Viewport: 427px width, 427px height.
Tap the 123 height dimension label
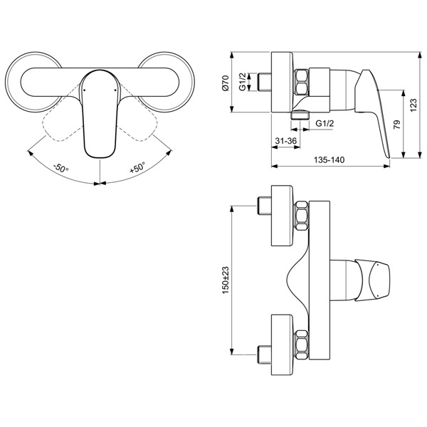point(413,105)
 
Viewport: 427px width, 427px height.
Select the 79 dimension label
point(397,125)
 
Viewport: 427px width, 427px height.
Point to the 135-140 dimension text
point(330,159)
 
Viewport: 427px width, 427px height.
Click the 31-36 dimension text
point(285,141)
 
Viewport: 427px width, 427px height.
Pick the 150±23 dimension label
point(226,280)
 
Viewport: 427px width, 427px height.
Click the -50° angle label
point(61,168)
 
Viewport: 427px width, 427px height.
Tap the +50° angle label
point(137,167)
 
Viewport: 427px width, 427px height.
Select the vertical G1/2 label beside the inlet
point(243,82)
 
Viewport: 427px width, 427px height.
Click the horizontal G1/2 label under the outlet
point(325,123)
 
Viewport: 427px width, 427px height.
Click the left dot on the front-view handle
point(84,90)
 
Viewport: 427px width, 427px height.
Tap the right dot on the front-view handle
point(115,90)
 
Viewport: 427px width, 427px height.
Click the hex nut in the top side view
point(301,82)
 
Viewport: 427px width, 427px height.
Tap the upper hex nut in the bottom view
point(302,216)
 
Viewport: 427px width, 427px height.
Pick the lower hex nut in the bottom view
point(302,345)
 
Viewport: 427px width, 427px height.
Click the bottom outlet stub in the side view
point(300,115)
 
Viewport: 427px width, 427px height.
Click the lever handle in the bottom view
point(372,280)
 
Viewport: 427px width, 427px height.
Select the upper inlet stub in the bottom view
point(264,206)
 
